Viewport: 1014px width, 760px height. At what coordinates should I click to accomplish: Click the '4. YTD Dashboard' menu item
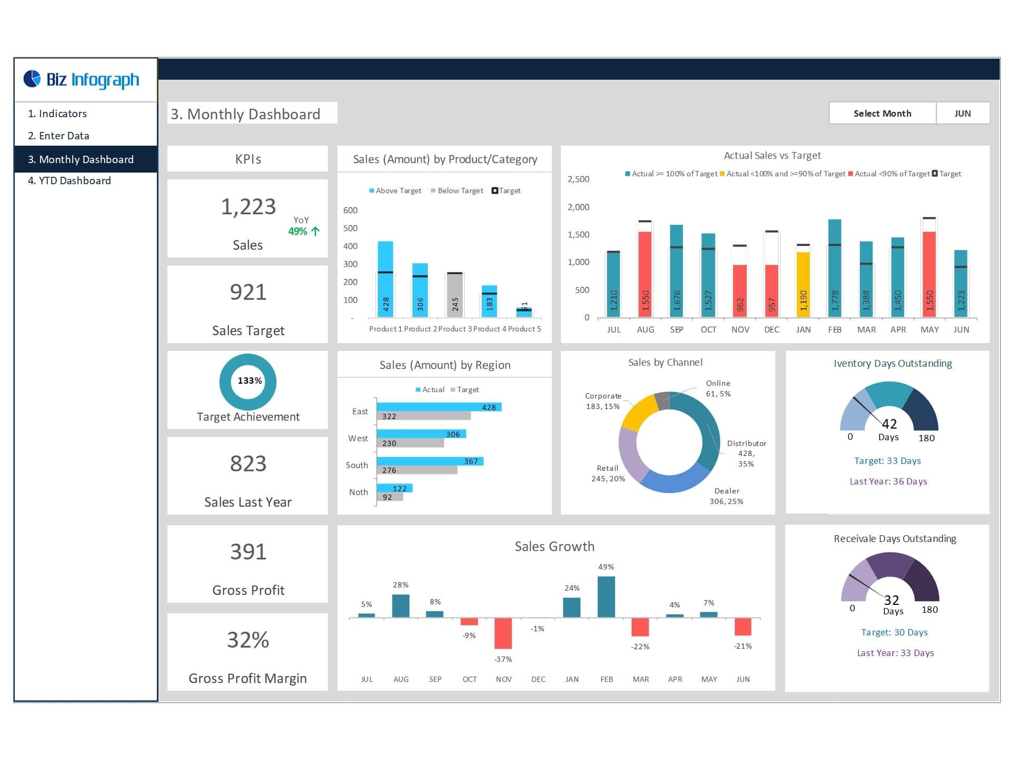pyautogui.click(x=69, y=180)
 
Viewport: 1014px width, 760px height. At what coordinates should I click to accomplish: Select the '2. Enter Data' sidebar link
pyautogui.click(x=59, y=136)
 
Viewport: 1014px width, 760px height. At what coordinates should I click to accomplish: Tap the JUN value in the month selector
pyautogui.click(x=962, y=113)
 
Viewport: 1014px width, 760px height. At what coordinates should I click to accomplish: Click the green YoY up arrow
pyautogui.click(x=315, y=231)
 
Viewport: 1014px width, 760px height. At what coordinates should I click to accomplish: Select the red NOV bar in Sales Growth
pyautogui.click(x=503, y=633)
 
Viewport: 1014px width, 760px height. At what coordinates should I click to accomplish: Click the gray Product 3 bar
pyautogui.click(x=454, y=295)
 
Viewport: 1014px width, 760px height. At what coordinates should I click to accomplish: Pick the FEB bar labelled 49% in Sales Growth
pyautogui.click(x=606, y=596)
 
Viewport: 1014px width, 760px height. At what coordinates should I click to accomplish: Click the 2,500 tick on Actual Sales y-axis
pyautogui.click(x=578, y=179)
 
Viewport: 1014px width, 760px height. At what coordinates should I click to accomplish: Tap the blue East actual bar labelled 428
pyautogui.click(x=438, y=407)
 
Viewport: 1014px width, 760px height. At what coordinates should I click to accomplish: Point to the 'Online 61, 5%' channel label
pyautogui.click(x=718, y=388)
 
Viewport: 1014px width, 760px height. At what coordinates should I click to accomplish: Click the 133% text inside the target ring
pyautogui.click(x=249, y=381)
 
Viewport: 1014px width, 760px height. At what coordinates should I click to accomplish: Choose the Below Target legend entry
pyautogui.click(x=457, y=191)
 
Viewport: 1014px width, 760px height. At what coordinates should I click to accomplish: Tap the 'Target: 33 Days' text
pyautogui.click(x=887, y=461)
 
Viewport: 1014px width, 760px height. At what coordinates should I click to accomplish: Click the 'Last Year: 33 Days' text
pyautogui.click(x=895, y=653)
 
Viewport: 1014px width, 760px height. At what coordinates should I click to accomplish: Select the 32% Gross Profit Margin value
pyautogui.click(x=248, y=640)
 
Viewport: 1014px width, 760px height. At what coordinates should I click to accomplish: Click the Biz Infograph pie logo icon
pyautogui.click(x=32, y=79)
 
